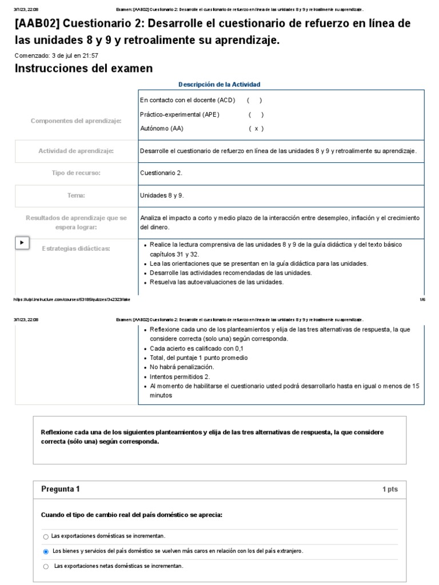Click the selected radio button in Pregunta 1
tap(46, 552)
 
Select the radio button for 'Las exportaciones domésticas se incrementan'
tap(46, 537)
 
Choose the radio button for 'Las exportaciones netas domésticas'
tap(46, 567)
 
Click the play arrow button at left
tap(22, 243)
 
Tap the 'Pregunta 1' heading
tap(61, 489)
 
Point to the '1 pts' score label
tap(390, 490)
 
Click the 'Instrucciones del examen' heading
tap(83, 69)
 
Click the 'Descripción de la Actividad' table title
tap(219, 85)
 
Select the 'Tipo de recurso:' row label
tap(76, 173)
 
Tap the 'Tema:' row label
tap(76, 195)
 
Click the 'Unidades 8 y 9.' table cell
tap(162, 195)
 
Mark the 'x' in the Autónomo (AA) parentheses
tap(256, 129)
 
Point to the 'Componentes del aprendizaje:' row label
tap(76, 121)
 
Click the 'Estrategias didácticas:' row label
tap(76, 249)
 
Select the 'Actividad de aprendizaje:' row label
tap(76, 151)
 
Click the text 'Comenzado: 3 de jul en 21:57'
tap(57, 55)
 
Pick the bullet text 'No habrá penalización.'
tap(182, 367)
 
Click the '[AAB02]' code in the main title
tap(39, 24)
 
